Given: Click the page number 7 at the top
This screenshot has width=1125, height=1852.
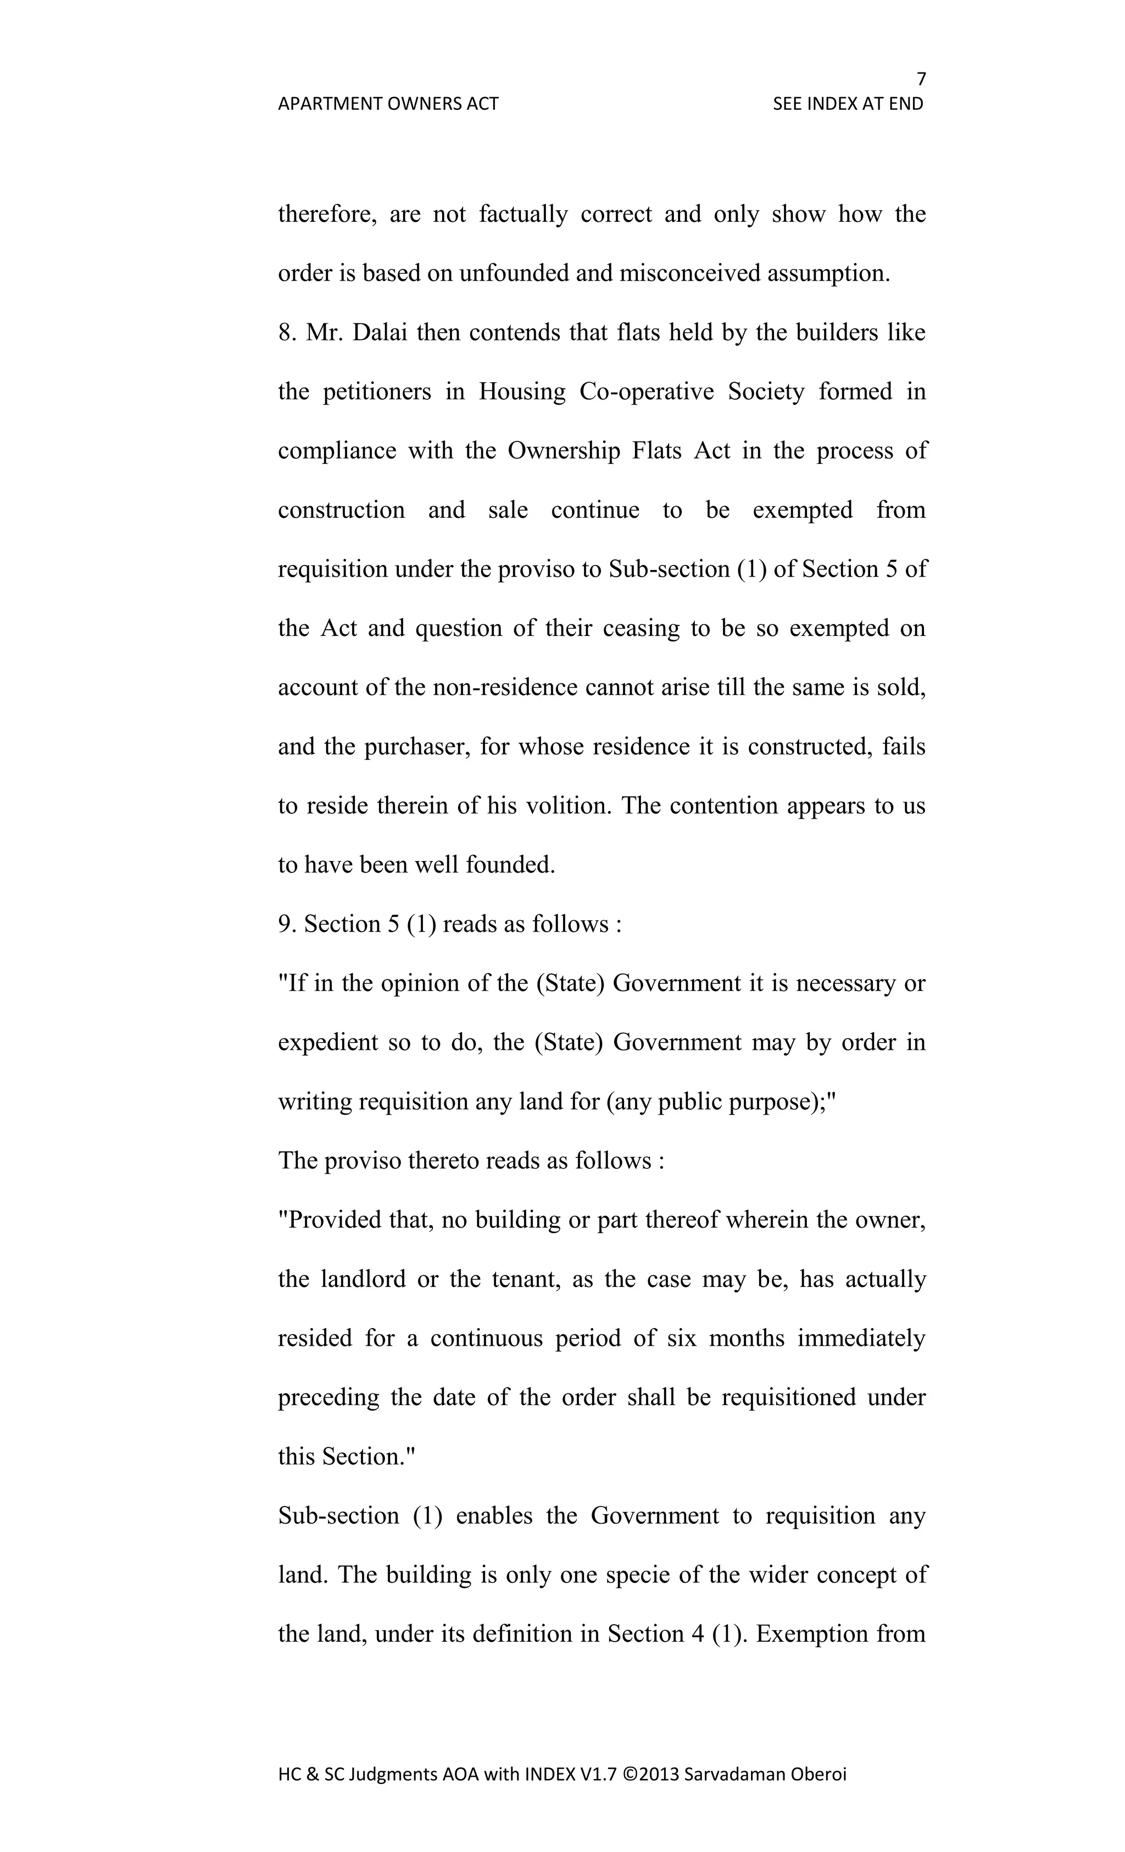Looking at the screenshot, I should pos(921,79).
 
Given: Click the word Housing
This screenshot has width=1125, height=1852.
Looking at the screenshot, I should pos(522,391).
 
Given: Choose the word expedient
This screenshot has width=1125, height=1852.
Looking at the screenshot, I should pos(328,1043).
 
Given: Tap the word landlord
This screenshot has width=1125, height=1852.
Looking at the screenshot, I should pos(363,1279).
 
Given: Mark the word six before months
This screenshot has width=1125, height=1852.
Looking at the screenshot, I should pos(681,1339).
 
